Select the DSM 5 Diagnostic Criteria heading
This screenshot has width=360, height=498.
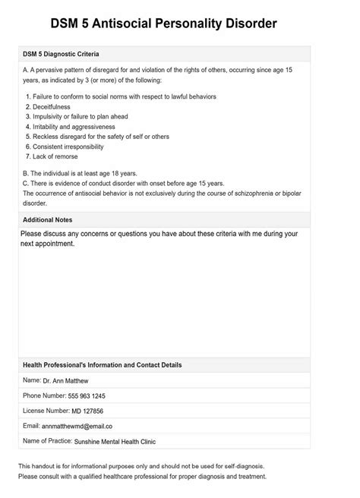(x=62, y=55)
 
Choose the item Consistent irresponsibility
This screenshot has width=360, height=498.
(x=75, y=147)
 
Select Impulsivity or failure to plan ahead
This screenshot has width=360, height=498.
(x=85, y=117)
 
